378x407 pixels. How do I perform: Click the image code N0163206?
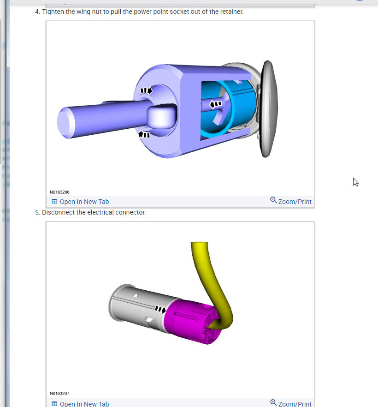point(59,192)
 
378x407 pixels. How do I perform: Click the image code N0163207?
point(59,393)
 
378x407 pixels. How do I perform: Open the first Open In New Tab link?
point(80,202)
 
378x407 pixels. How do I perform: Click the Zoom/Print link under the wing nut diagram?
point(291,201)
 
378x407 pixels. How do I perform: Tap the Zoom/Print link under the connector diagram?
point(291,404)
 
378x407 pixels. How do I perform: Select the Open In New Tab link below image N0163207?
point(80,404)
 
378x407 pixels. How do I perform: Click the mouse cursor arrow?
point(355,182)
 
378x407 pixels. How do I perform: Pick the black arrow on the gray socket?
point(160,309)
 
